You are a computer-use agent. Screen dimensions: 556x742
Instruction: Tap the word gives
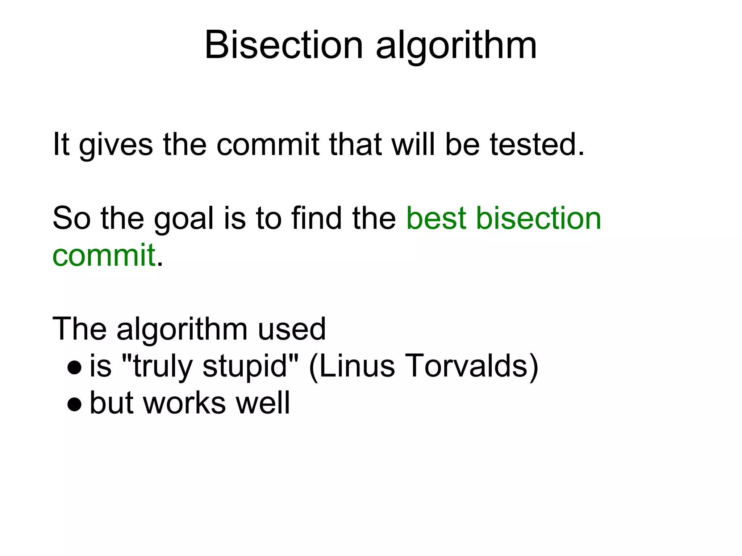116,145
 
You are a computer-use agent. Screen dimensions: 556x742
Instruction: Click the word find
316,218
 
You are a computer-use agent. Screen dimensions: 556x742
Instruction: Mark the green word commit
104,255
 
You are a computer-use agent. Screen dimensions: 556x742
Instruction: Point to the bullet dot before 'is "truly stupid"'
75,367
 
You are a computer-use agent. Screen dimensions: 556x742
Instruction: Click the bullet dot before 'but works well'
75,404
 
